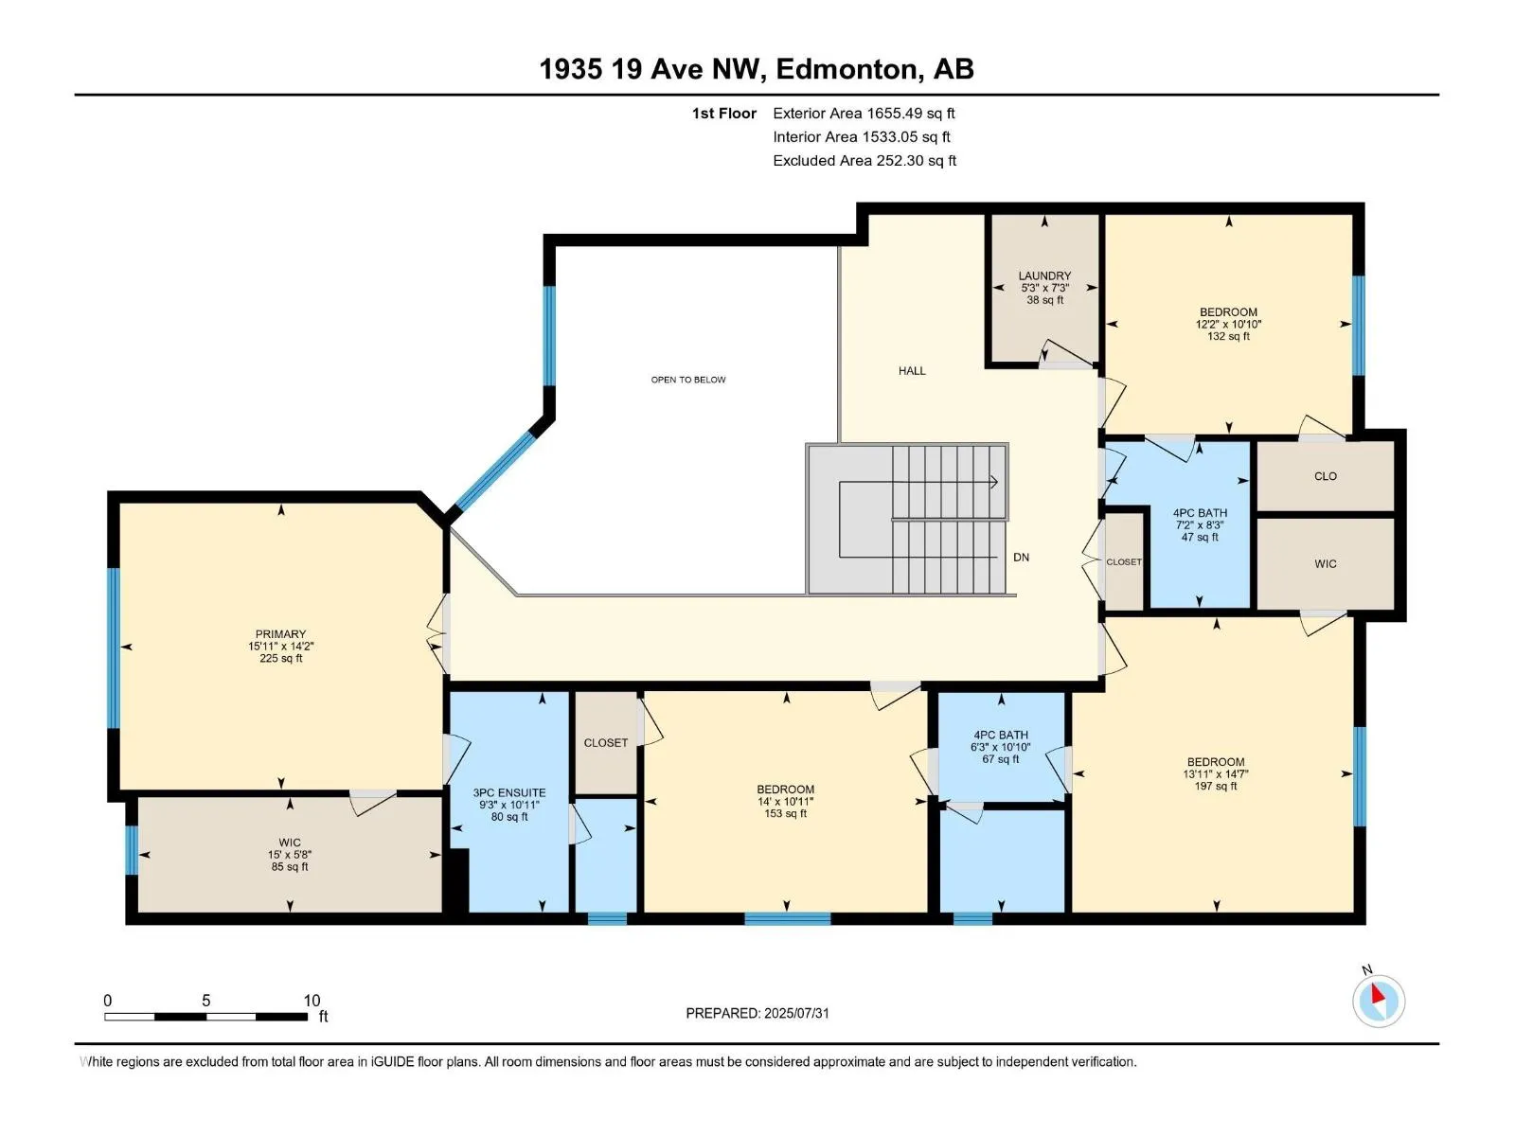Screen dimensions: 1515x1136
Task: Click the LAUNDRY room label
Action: (x=1044, y=275)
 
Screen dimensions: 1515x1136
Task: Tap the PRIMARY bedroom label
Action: (x=280, y=634)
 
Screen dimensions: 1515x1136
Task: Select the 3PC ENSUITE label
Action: (x=508, y=793)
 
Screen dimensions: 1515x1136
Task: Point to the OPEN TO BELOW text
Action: (x=688, y=380)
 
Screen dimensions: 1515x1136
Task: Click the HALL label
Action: (x=912, y=371)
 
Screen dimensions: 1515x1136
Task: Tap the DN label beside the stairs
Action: (x=1021, y=558)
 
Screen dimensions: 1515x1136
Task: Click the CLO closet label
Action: (x=1326, y=476)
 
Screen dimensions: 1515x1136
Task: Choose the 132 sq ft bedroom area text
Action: (x=1228, y=337)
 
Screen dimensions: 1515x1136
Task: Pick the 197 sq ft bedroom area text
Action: (x=1216, y=787)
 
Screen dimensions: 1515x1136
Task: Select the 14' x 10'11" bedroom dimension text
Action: (x=786, y=802)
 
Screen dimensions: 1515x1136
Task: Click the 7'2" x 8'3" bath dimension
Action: (x=1200, y=524)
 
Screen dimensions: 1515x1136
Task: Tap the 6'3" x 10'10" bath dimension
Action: (x=1001, y=747)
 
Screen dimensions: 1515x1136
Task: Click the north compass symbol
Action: (x=1379, y=1001)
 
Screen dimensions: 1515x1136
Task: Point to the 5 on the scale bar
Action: (x=205, y=1001)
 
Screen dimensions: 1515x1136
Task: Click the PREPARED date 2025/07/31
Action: (x=795, y=1013)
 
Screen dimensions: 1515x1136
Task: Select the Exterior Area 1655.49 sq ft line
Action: (x=864, y=113)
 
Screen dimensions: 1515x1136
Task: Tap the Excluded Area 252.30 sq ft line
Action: (x=864, y=161)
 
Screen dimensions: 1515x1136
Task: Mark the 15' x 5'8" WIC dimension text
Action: (x=289, y=855)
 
